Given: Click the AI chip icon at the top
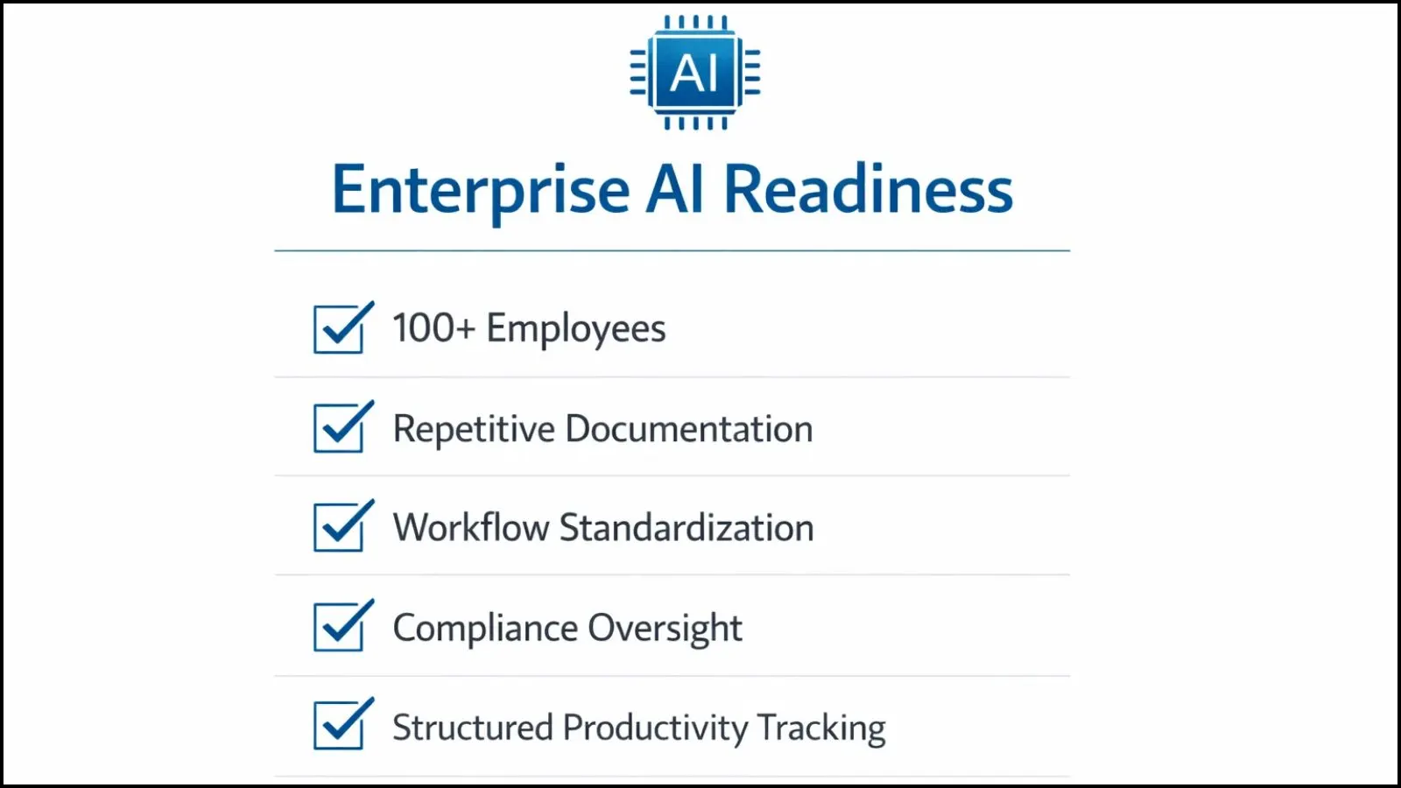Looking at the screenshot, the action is point(695,73).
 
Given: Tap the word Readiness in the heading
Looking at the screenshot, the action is point(868,188).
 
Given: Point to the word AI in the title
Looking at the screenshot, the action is point(675,188).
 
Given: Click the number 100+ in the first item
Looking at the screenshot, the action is point(434,327).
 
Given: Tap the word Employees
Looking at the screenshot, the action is point(576,329).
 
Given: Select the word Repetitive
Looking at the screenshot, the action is point(474,429).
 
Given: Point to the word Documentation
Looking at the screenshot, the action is point(689,428).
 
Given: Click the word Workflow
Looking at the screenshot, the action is point(471,526).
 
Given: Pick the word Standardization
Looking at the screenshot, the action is point(686,527).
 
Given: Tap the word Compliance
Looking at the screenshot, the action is point(485,627).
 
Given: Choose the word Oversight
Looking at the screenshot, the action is point(665,628).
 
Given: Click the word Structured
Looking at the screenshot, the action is point(473,728).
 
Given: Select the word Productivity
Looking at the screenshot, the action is point(656,728).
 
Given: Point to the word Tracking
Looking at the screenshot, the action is point(821,728).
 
